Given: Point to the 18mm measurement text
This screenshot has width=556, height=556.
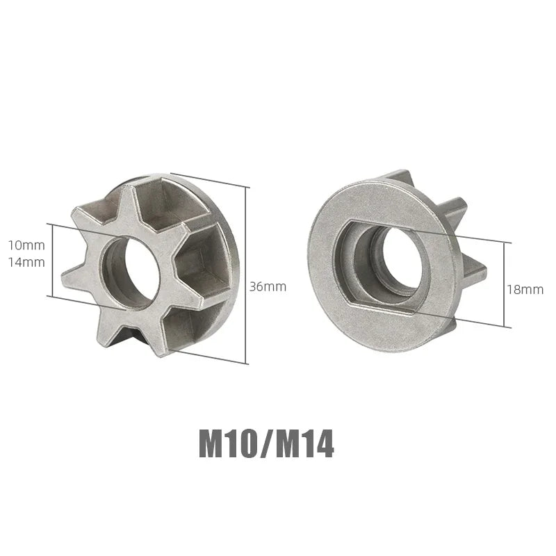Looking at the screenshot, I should (x=525, y=289).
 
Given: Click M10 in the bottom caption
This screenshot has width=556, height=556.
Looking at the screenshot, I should (x=230, y=445).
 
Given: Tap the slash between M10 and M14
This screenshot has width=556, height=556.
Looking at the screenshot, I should (x=266, y=445).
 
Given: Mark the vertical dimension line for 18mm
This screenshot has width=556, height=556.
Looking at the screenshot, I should (x=510, y=285).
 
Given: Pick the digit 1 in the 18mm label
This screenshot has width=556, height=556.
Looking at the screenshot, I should (x=509, y=289).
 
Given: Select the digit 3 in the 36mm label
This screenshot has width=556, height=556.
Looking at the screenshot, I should (x=255, y=286).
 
